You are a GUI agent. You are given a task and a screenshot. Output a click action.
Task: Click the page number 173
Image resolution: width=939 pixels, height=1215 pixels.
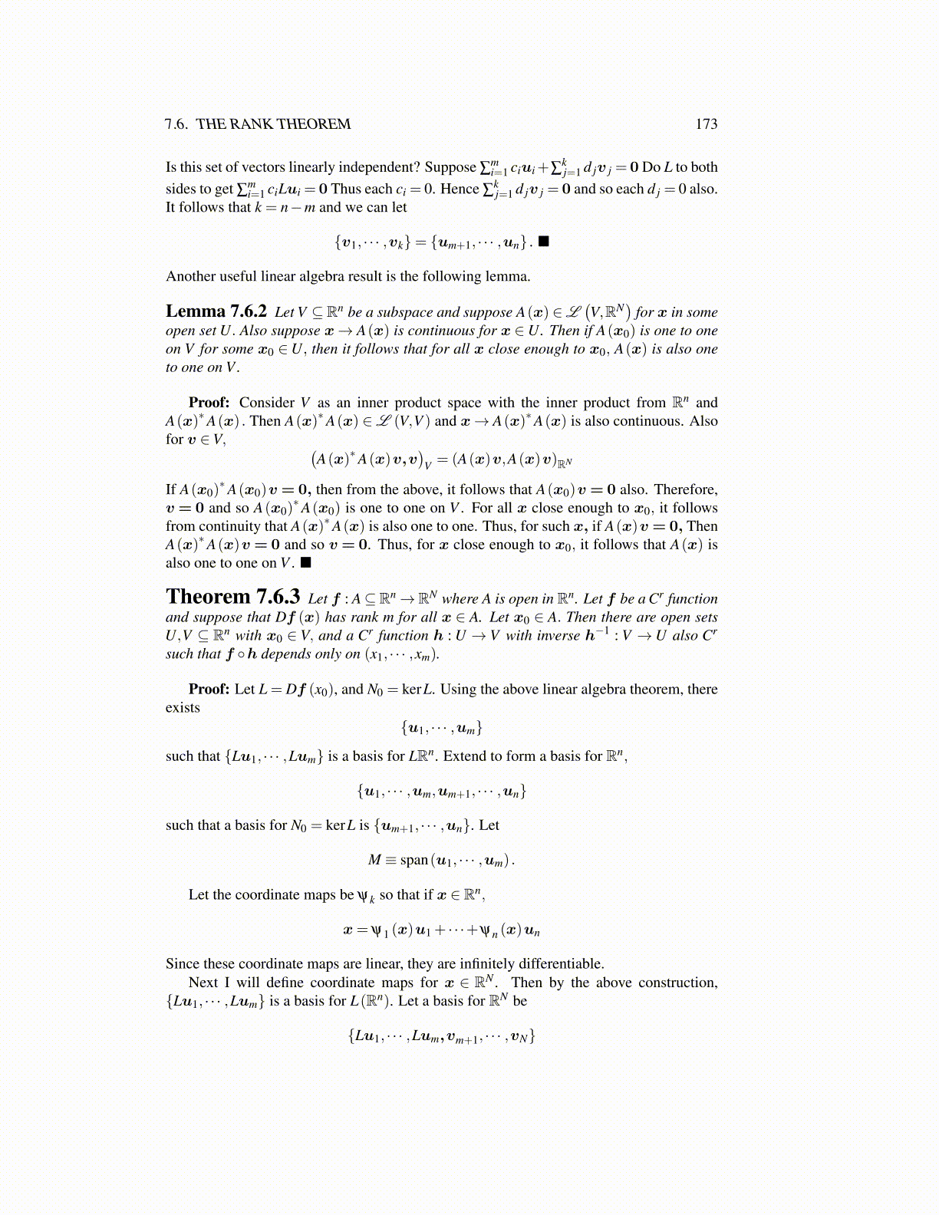click(x=706, y=124)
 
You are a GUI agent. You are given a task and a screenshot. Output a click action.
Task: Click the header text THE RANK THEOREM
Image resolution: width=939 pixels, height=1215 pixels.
click(x=273, y=124)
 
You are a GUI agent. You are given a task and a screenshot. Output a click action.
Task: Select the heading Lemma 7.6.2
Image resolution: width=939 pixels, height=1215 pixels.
click(x=216, y=311)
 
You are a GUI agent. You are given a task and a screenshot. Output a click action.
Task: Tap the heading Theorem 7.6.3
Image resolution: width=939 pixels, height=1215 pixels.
click(x=232, y=598)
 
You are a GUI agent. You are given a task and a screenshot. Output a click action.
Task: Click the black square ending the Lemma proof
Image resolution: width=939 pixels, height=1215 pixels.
click(x=305, y=563)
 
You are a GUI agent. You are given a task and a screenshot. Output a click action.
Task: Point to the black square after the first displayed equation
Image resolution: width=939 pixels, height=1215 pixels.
click(x=543, y=242)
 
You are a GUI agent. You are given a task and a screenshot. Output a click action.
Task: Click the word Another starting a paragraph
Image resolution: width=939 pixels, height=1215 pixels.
click(x=190, y=276)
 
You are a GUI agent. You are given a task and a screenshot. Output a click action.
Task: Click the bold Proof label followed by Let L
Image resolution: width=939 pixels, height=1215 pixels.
click(x=209, y=689)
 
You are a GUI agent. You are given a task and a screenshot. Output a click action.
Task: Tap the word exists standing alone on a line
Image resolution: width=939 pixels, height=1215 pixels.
click(x=183, y=708)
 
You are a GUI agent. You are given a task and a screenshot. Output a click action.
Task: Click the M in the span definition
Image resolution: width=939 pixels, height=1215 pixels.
click(x=374, y=860)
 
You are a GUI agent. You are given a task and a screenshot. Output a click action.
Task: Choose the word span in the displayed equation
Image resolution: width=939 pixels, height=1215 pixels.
click(x=413, y=861)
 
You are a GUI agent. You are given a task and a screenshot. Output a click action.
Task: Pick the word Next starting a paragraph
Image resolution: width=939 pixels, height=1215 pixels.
click(x=203, y=983)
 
